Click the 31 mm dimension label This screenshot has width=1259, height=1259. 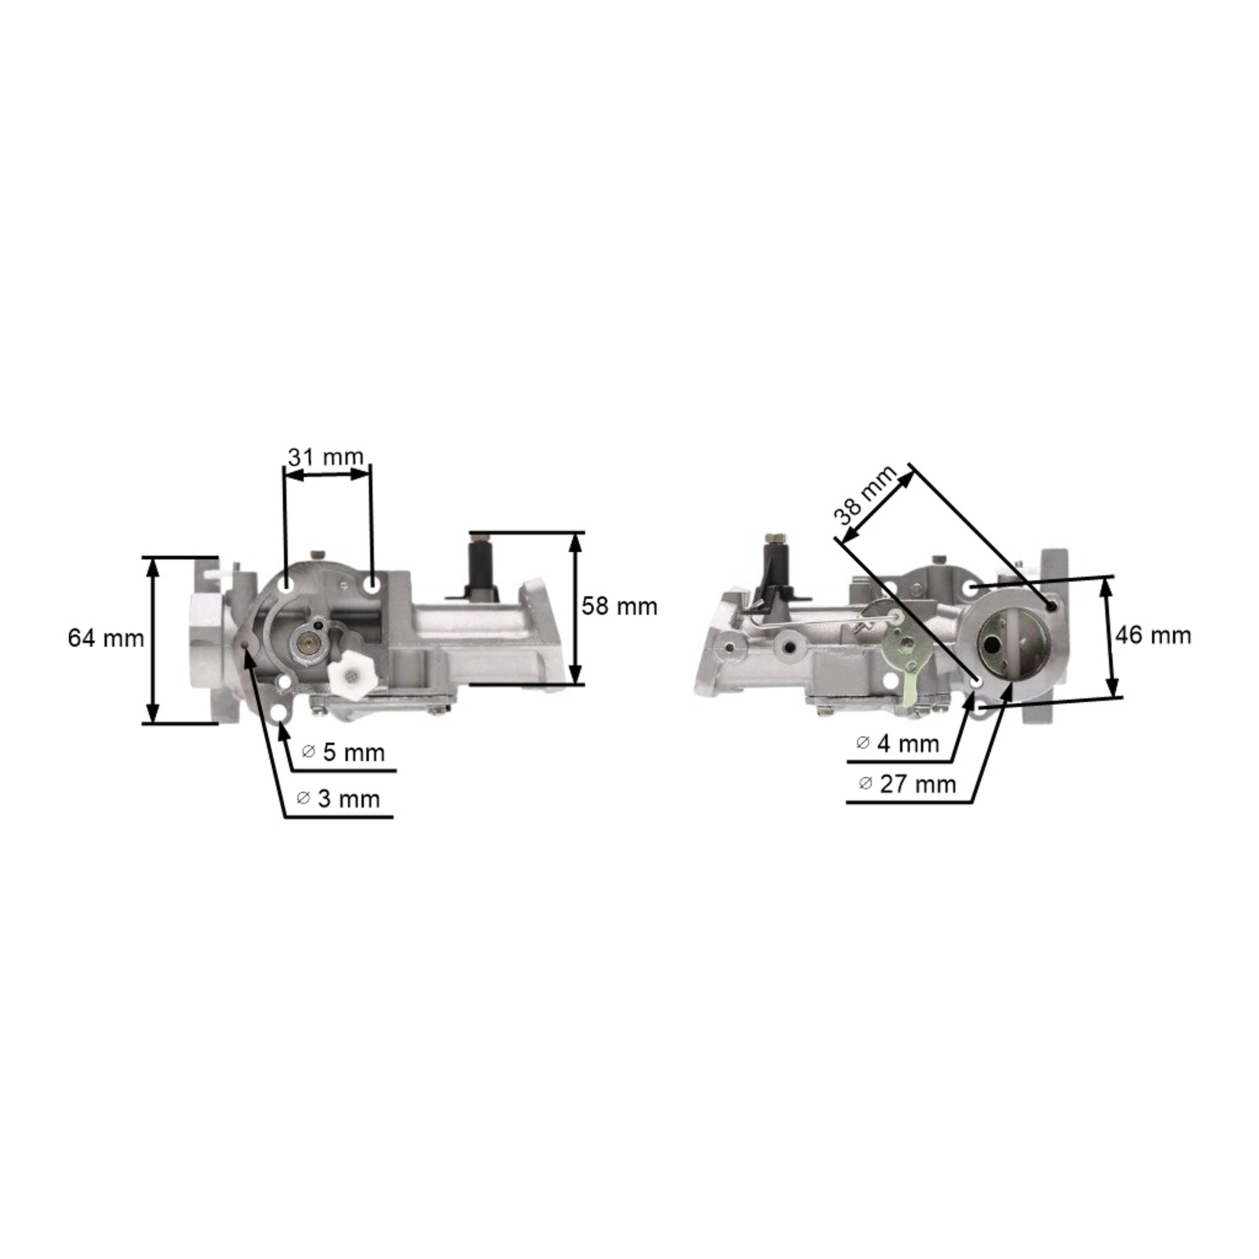coord(326,457)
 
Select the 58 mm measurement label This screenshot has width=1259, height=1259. coord(619,607)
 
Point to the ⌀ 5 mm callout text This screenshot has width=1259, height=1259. coord(343,752)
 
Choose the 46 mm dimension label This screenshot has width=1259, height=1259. coord(1153,635)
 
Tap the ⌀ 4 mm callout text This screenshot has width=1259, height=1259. coord(897,744)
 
